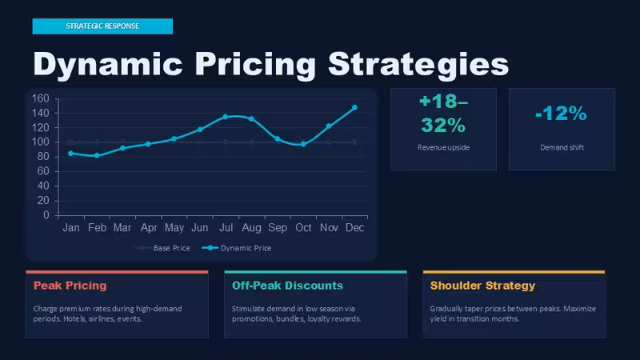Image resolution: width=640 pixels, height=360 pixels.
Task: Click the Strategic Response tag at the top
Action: pyautogui.click(x=102, y=26)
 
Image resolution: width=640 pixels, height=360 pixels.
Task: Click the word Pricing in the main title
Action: pyautogui.click(x=255, y=65)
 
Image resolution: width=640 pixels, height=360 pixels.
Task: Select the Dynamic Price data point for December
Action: pyautogui.click(x=354, y=107)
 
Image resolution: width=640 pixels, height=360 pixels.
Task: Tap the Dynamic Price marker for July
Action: pyautogui.click(x=226, y=117)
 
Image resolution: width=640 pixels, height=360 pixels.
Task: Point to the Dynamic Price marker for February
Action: pyautogui.click(x=97, y=155)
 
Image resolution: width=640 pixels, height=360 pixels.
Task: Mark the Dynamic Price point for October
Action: pyautogui.click(x=303, y=144)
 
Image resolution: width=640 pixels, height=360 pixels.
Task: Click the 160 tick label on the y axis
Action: pyautogui.click(x=41, y=98)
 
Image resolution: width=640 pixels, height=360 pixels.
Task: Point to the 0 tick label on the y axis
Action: pyautogui.click(x=46, y=215)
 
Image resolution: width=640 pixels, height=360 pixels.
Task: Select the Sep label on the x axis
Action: pyautogui.click(x=278, y=228)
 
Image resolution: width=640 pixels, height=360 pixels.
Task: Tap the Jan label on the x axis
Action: pyautogui.click(x=71, y=228)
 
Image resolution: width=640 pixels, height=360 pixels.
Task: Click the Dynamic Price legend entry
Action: pyautogui.click(x=237, y=248)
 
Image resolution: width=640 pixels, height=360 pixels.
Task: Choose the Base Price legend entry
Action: pyautogui.click(x=162, y=248)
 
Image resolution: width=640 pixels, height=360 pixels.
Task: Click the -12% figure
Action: pyautogui.click(x=562, y=114)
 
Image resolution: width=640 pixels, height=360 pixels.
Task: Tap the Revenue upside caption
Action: pyautogui.click(x=443, y=147)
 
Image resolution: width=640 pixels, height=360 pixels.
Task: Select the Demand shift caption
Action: pyautogui.click(x=562, y=147)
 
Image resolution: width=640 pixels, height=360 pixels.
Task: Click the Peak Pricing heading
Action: pyautogui.click(x=70, y=286)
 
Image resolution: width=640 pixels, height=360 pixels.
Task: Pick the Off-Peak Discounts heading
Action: pyautogui.click(x=287, y=286)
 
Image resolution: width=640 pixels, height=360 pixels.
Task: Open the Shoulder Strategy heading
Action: pyautogui.click(x=482, y=286)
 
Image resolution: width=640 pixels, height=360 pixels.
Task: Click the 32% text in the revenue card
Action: pyautogui.click(x=443, y=126)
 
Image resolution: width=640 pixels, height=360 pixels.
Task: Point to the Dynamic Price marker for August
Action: pyautogui.click(x=251, y=118)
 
